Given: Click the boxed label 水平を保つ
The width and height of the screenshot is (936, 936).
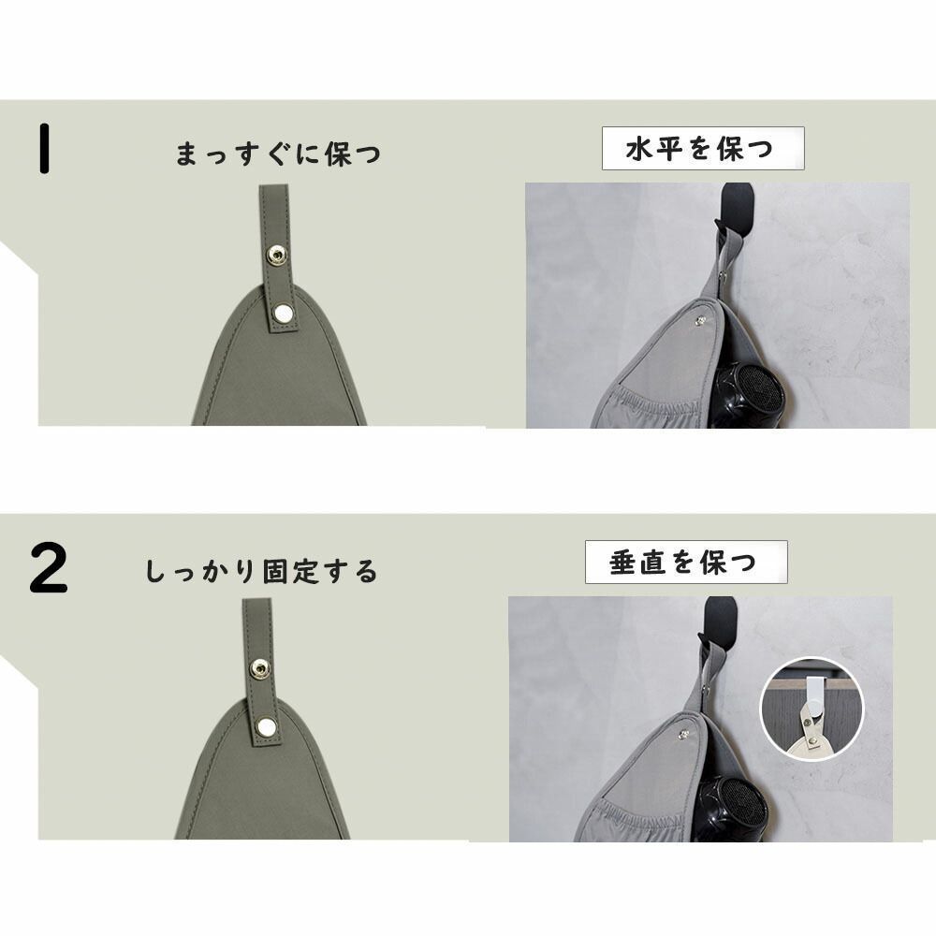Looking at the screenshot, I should coord(702,148).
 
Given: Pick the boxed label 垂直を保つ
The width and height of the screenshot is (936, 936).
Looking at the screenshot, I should coord(686,563).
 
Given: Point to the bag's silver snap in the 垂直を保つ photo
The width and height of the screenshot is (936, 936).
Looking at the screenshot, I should coord(681,737).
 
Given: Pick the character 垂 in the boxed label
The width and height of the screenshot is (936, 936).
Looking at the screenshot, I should coord(622,563).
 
